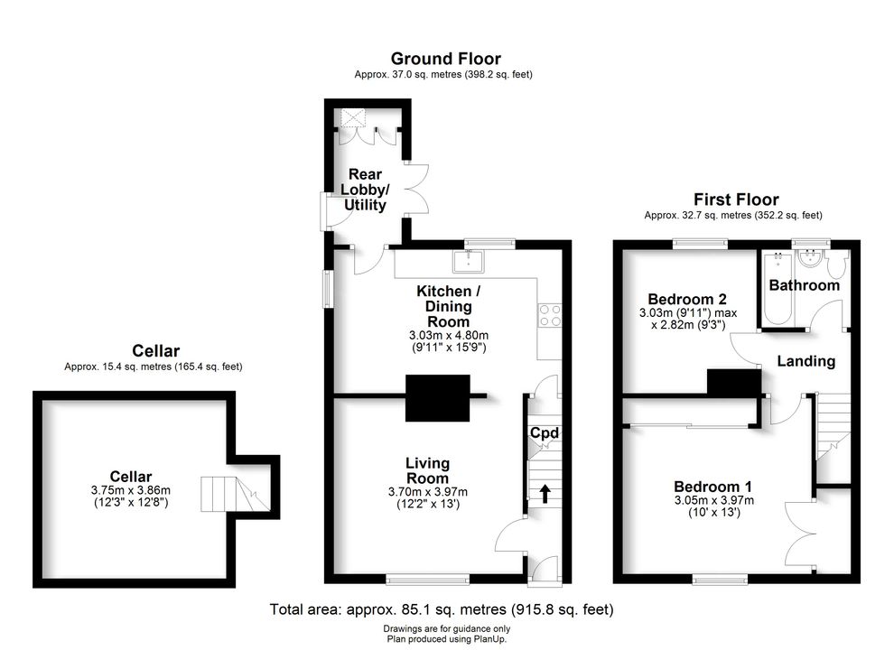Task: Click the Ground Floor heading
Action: click(x=445, y=59)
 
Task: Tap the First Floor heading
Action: click(x=736, y=200)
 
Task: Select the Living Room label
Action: click(x=428, y=470)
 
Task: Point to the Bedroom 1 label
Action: click(x=712, y=487)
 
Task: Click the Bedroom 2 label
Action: click(x=687, y=299)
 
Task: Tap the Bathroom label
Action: click(x=805, y=285)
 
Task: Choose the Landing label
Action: click(x=806, y=361)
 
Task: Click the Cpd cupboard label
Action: click(x=545, y=433)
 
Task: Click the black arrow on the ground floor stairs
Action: click(x=545, y=494)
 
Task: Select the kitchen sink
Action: click(x=468, y=261)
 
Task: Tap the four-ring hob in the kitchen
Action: click(x=549, y=315)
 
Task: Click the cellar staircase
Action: click(x=235, y=494)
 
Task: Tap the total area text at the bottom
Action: click(x=442, y=609)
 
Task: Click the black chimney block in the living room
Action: click(x=437, y=398)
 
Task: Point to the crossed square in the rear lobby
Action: click(x=352, y=118)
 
